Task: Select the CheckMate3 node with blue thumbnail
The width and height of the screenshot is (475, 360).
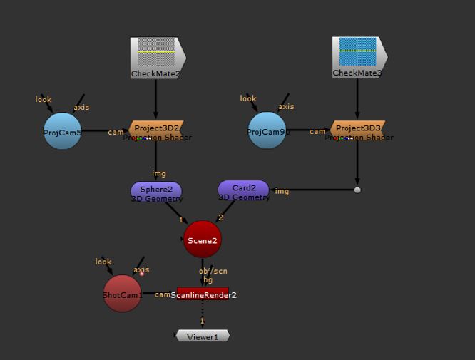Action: tap(359, 57)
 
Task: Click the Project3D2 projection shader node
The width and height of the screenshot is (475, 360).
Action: tap(156, 131)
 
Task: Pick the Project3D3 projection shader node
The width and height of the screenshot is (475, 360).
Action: tap(358, 131)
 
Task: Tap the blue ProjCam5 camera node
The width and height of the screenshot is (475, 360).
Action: tap(63, 131)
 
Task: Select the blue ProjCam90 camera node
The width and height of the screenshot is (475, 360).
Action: tap(267, 131)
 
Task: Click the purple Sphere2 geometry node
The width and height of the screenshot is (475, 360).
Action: tap(156, 191)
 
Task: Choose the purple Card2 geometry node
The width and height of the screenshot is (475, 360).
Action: tap(243, 190)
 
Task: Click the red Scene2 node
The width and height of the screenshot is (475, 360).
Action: tap(203, 240)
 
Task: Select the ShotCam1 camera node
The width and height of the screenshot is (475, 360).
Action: tap(123, 294)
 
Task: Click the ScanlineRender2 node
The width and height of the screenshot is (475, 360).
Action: tap(203, 294)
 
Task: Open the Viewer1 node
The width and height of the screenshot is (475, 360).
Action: tap(203, 336)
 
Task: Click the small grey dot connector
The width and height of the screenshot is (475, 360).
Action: tap(357, 190)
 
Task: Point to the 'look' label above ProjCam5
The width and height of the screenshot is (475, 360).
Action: tap(44, 99)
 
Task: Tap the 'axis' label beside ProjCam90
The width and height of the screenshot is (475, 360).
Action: tap(286, 106)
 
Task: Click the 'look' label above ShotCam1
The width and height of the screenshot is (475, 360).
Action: tap(103, 262)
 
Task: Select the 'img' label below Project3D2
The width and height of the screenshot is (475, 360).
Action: tap(158, 173)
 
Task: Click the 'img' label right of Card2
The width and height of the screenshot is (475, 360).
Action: tap(282, 190)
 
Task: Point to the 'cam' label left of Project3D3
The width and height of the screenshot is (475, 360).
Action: tap(317, 131)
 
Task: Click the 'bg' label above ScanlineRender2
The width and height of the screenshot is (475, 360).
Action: tap(208, 279)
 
